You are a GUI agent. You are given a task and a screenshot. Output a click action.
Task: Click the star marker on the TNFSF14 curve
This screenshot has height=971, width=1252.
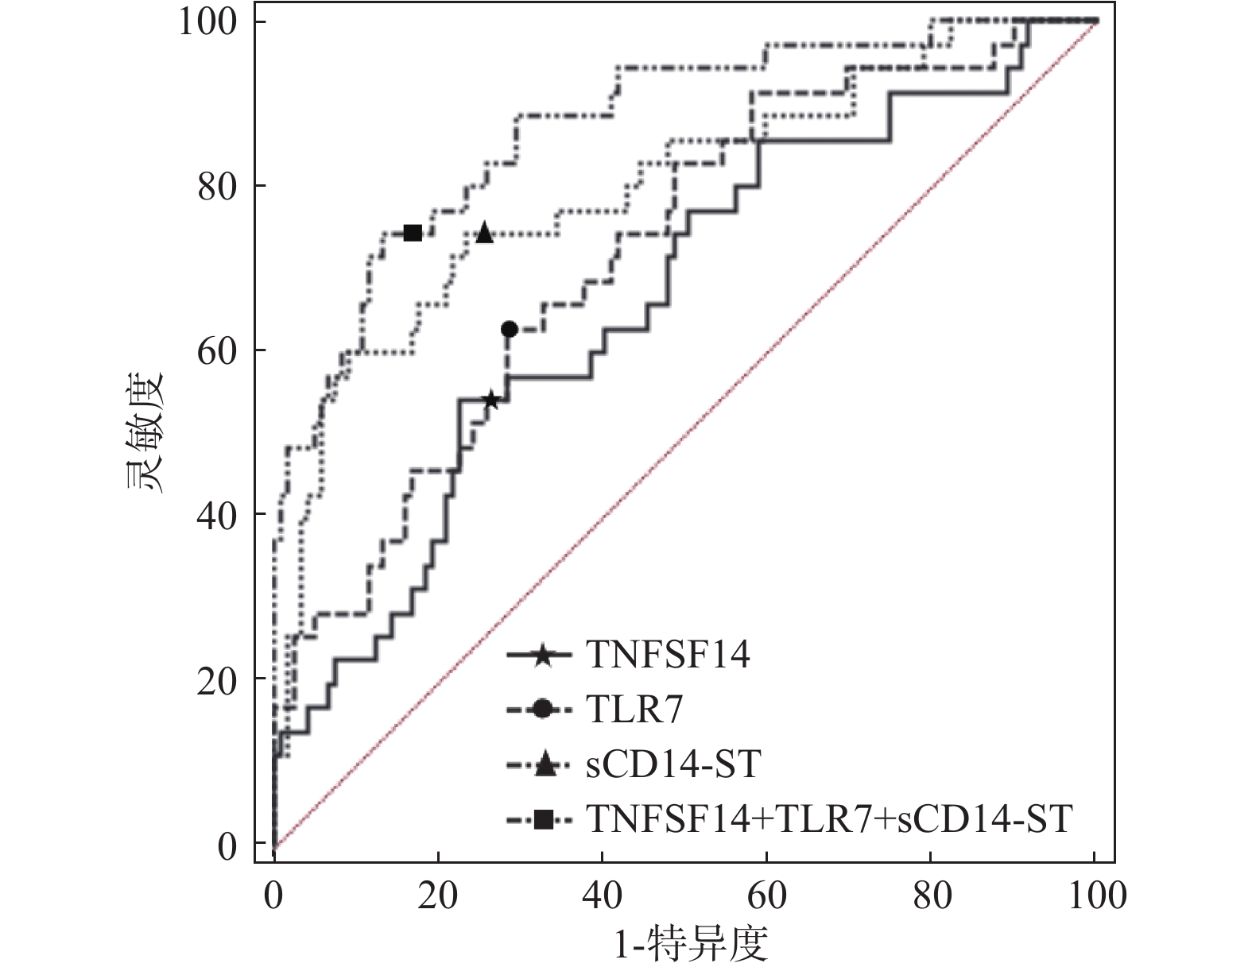[x=490, y=400]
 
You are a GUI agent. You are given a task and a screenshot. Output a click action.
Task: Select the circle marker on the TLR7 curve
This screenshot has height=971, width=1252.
[x=510, y=329]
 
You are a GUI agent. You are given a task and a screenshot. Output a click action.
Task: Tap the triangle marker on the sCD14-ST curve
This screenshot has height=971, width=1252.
[x=484, y=234]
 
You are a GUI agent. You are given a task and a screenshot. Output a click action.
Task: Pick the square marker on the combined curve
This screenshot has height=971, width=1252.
[x=413, y=233]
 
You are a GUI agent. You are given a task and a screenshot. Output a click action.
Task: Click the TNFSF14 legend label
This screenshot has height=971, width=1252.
[x=668, y=656]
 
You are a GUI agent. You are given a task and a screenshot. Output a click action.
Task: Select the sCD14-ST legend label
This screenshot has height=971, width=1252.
[x=673, y=764]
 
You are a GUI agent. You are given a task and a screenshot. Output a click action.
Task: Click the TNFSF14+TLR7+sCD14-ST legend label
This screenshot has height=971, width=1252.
[x=830, y=818]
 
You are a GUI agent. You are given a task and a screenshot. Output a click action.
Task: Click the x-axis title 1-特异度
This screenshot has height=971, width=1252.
[x=692, y=945]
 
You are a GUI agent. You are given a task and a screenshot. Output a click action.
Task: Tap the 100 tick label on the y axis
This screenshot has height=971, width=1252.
[x=207, y=22]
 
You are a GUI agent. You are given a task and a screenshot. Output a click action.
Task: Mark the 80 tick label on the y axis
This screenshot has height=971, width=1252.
[x=216, y=187]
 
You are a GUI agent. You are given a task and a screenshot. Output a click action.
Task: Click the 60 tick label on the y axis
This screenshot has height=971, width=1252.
[x=216, y=351]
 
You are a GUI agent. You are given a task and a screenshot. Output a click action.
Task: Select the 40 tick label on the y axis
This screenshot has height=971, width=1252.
[x=216, y=516]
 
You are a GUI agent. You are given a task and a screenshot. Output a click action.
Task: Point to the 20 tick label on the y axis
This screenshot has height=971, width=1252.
[x=216, y=680]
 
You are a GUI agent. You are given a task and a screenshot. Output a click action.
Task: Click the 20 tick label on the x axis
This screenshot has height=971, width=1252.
[x=438, y=896]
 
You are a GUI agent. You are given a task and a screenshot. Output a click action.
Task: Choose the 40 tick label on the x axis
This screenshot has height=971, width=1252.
[x=603, y=896]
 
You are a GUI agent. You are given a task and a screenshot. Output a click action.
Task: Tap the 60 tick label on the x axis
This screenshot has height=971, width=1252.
[x=766, y=896]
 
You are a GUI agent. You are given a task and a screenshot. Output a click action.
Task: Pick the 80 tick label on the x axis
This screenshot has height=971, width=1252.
[x=931, y=896]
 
